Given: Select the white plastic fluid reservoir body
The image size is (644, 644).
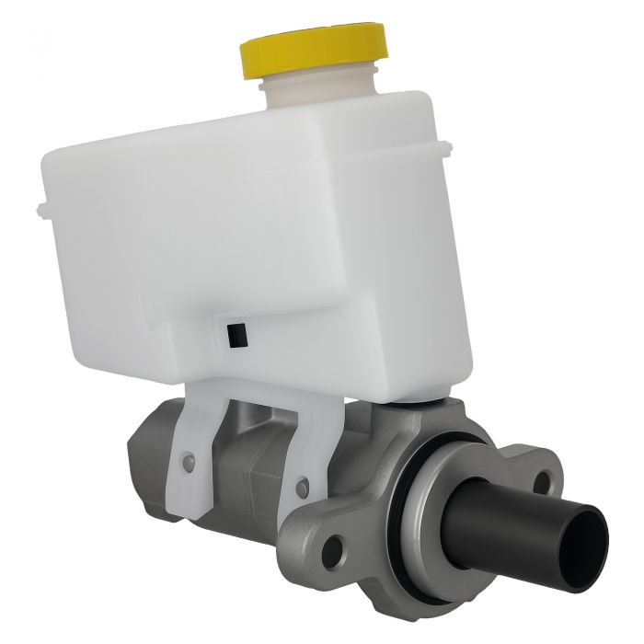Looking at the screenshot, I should [258, 239].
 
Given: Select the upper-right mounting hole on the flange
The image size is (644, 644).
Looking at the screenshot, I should [546, 479].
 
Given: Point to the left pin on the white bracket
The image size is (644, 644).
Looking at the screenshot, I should [190, 457].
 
